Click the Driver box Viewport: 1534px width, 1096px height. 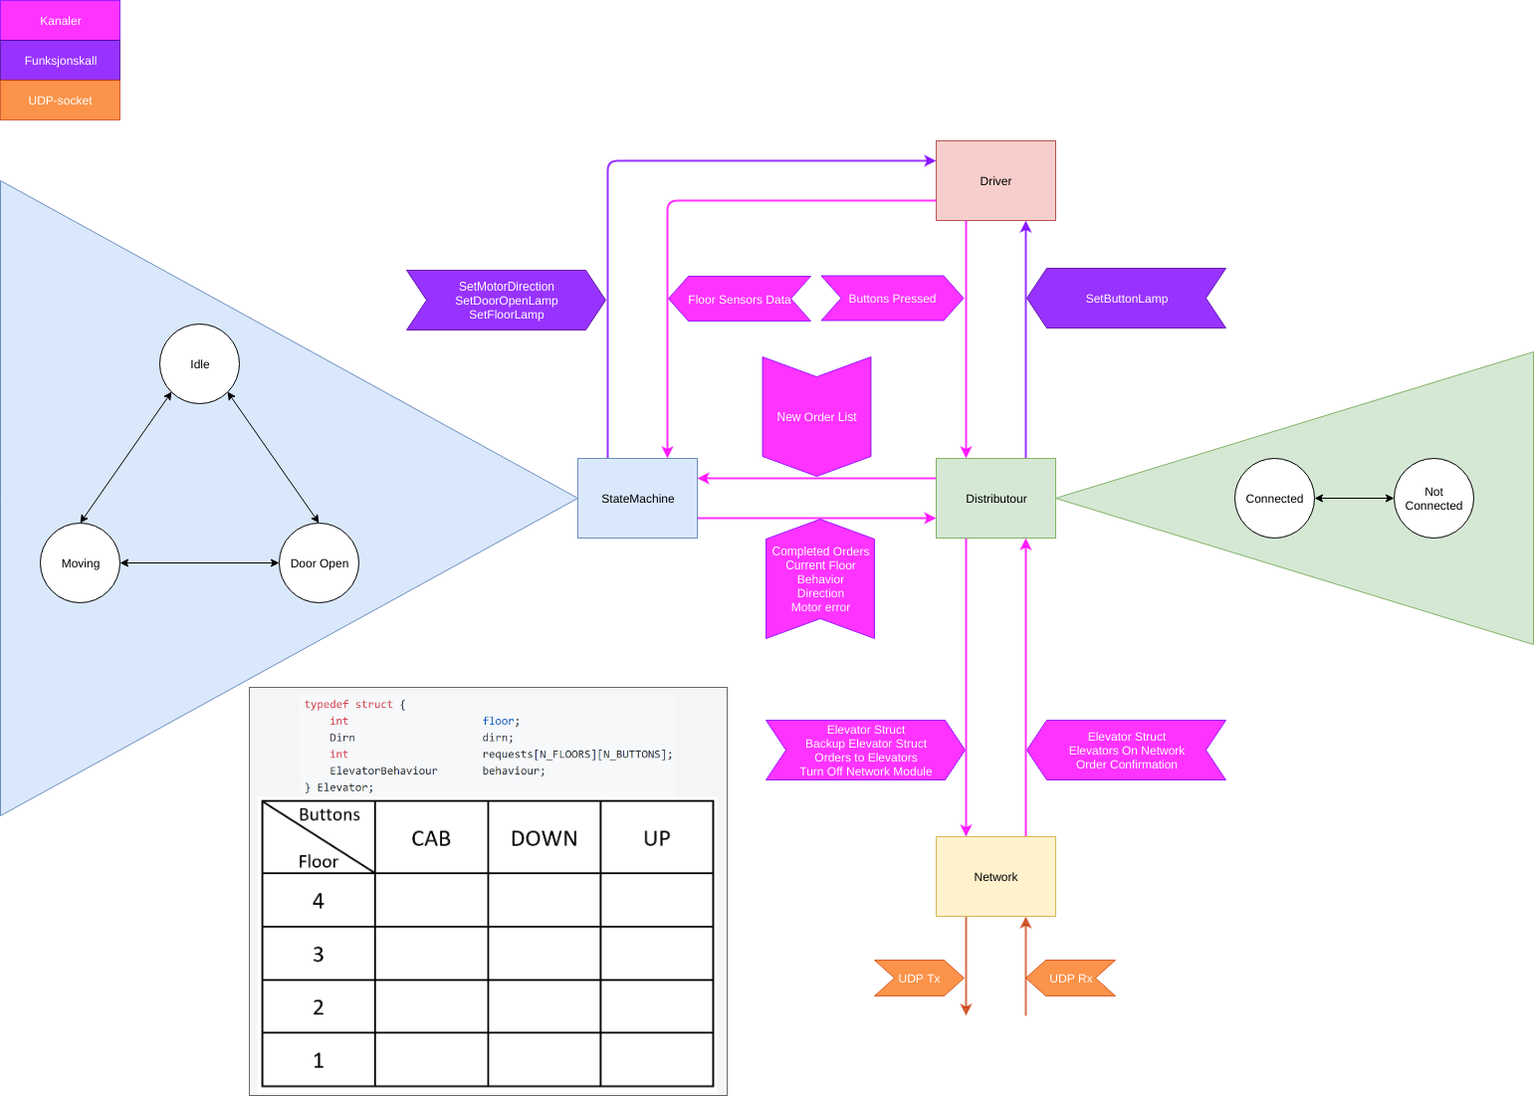click(x=995, y=180)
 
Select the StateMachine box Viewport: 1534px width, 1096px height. click(x=637, y=498)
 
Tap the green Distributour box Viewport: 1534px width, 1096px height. click(x=995, y=498)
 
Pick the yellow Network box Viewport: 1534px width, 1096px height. click(x=995, y=876)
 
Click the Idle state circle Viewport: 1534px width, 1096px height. click(x=199, y=363)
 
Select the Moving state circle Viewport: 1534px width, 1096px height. click(x=80, y=562)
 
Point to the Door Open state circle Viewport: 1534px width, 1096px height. click(x=319, y=562)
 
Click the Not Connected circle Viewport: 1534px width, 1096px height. click(x=1433, y=498)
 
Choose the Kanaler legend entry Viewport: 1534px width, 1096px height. click(x=60, y=20)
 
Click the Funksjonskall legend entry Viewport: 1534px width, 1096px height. click(x=60, y=60)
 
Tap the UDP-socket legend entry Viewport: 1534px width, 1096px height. click(x=60, y=100)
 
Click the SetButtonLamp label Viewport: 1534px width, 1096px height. click(x=1126, y=298)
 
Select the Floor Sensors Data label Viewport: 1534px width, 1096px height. click(x=739, y=299)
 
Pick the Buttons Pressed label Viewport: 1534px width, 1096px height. click(x=892, y=298)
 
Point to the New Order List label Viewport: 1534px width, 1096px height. click(x=816, y=416)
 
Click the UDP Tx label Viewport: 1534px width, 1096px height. click(x=919, y=978)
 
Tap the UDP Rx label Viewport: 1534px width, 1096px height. click(x=1070, y=978)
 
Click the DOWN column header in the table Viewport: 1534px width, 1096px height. click(x=544, y=838)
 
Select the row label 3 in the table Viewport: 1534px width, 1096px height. click(x=319, y=954)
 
